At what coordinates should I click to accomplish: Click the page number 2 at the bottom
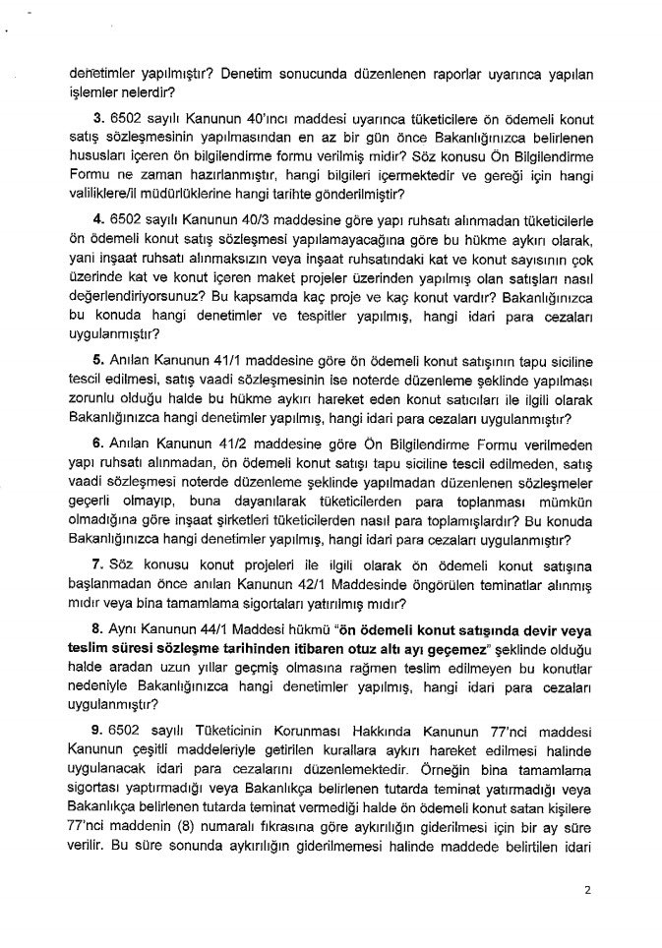[x=586, y=892]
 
